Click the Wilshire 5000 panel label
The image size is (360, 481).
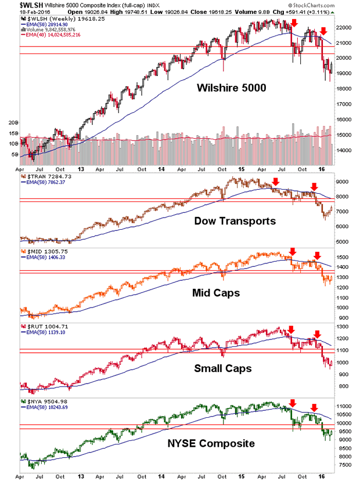[x=232, y=89]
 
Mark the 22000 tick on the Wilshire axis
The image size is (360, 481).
[x=346, y=27]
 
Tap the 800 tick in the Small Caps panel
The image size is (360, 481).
[x=344, y=386]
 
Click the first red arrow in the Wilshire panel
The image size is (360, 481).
[x=295, y=23]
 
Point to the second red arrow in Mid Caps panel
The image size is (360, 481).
[x=316, y=254]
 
